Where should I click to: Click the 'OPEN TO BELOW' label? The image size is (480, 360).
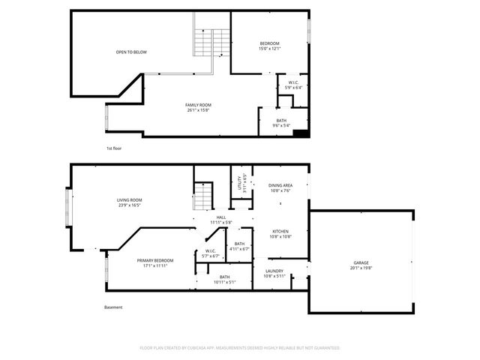tap(130, 52)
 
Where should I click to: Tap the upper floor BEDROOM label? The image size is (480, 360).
tap(269, 43)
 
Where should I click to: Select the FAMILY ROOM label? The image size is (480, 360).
tap(199, 105)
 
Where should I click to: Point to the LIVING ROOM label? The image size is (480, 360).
tap(129, 199)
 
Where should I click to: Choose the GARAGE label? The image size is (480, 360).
tap(361, 262)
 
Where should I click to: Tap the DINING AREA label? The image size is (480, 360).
tap(280, 185)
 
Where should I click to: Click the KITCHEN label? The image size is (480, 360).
tap(280, 231)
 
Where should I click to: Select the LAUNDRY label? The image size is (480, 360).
tap(274, 271)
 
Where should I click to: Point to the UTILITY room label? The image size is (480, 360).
tap(238, 180)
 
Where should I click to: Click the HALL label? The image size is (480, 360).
tap(221, 217)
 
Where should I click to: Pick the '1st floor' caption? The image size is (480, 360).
tap(113, 148)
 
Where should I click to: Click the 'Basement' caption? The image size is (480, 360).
tap(112, 307)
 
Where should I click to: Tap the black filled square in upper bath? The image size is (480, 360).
tap(300, 133)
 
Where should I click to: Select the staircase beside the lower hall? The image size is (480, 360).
tap(203, 197)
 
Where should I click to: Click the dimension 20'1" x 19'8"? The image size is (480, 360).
tap(361, 268)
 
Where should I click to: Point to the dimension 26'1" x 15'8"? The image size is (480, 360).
tap(199, 110)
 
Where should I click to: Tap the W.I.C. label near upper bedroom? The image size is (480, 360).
tap(293, 82)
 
